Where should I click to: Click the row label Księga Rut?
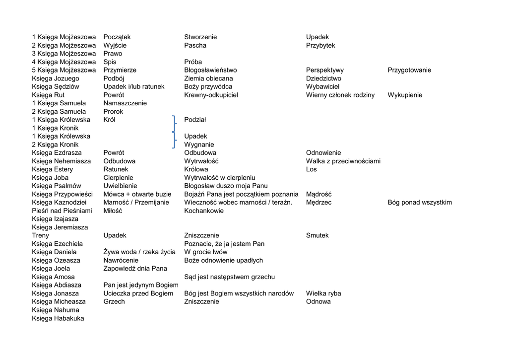(x=48, y=95)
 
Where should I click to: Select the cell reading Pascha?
(x=195, y=45)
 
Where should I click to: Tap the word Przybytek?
(x=320, y=45)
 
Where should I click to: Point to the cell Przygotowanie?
(x=409, y=70)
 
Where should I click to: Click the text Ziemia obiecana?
(x=208, y=78)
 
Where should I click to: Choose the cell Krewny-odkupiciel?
(x=211, y=95)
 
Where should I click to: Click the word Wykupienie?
(x=405, y=95)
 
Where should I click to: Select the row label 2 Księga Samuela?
(x=59, y=111)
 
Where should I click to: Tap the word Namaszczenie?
(x=125, y=103)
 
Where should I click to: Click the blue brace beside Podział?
(x=174, y=123)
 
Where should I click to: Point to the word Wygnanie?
(x=199, y=144)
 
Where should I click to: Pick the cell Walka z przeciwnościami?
(x=343, y=161)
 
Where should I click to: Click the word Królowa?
(x=196, y=169)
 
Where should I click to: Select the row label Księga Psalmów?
(x=57, y=186)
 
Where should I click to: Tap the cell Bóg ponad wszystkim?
(x=420, y=202)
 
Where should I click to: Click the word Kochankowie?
(x=204, y=211)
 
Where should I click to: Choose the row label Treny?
(x=41, y=235)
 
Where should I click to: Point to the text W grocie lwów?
(x=206, y=252)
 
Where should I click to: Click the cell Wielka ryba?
(x=323, y=293)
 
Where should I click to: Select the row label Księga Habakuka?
(x=58, y=318)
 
